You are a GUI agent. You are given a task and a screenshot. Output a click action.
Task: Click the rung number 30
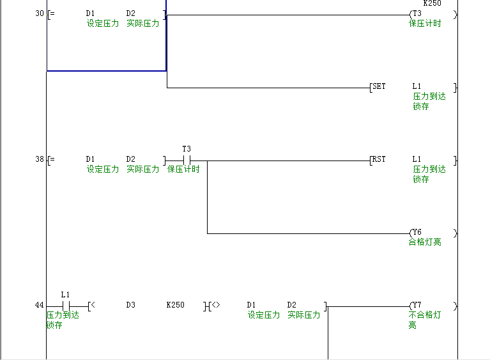coord(40,13)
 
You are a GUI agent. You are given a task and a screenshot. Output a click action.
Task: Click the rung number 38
coord(40,159)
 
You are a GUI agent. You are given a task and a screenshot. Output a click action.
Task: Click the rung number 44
coord(40,305)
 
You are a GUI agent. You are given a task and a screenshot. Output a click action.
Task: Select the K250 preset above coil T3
coord(432,3)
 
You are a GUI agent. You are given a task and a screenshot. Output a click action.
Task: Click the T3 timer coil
coord(417,13)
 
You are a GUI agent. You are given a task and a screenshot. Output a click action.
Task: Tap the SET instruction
coord(379,86)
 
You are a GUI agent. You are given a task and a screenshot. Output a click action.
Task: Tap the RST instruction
coord(379,159)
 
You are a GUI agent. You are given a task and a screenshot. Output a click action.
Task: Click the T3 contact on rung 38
coord(187,160)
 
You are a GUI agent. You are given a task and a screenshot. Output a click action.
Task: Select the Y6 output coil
coord(417,232)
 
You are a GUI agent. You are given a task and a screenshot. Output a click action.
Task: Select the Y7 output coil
coord(417,305)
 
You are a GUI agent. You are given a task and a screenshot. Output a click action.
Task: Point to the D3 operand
coord(130,305)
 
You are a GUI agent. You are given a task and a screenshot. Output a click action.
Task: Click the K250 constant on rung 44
coord(175,305)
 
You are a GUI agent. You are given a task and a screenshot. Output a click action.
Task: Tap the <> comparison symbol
coord(215,305)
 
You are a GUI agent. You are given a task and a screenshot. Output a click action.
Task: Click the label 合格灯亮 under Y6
coord(425,242)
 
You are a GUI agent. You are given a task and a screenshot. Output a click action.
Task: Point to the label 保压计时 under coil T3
coord(425,24)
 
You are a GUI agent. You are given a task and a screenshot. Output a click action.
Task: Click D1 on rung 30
coord(90,13)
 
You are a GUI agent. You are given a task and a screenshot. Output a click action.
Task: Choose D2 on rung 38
coord(130,159)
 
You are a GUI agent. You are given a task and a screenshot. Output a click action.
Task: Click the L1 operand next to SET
coord(417,86)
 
